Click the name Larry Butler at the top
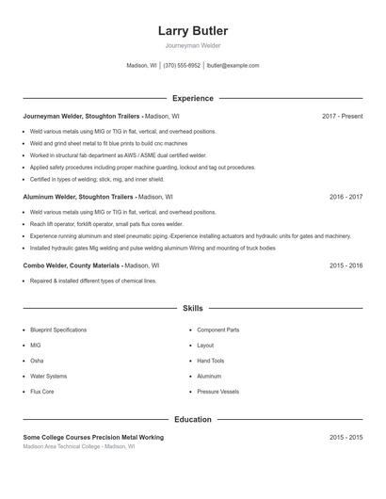tap(192, 31)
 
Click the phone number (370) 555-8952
tap(182, 66)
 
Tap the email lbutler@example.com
tap(233, 66)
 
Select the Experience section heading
tap(192, 98)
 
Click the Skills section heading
tap(192, 308)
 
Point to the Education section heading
tap(192, 419)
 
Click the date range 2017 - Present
tap(342, 116)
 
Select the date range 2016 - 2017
tap(346, 197)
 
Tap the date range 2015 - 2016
tap(346, 266)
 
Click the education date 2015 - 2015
tap(346, 438)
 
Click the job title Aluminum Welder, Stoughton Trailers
tap(79, 197)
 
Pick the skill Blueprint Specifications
tap(58, 330)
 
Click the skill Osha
tap(37, 361)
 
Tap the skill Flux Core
tap(42, 391)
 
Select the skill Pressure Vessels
tap(218, 391)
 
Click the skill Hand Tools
tap(211, 361)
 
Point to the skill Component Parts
tap(218, 330)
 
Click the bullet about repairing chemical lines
tap(93, 281)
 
